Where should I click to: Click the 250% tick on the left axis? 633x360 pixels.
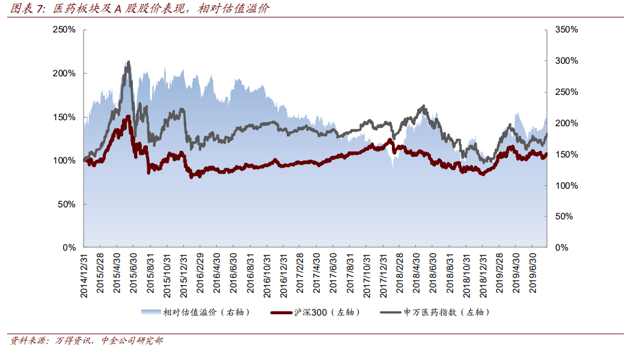tap(64, 29)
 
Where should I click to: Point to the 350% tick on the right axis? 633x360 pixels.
tap(566, 29)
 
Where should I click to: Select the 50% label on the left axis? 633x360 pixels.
tap(66, 204)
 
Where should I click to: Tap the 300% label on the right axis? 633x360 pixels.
tap(566, 61)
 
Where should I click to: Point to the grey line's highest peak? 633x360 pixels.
tap(128, 62)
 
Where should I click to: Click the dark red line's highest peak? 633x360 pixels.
tap(128, 117)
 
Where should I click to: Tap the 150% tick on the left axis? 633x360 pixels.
tap(64, 117)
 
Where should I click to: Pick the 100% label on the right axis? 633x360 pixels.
tap(566, 185)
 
